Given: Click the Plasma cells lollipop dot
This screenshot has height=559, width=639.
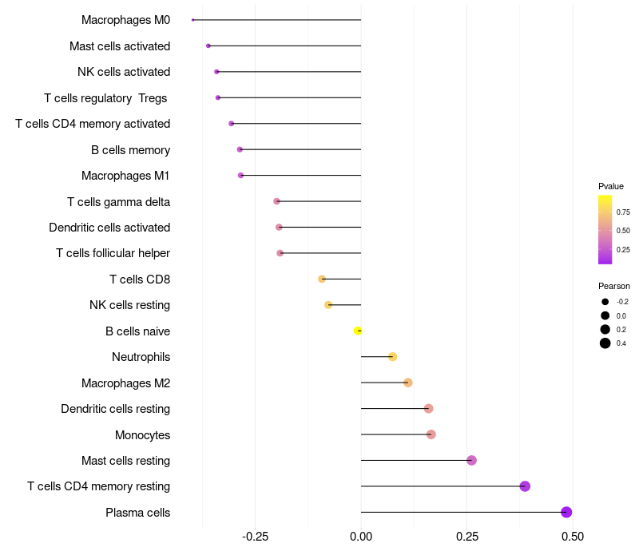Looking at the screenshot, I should tap(566, 513).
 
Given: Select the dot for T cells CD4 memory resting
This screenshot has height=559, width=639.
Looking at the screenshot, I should tap(525, 486).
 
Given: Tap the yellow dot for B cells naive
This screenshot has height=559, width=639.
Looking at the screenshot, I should tap(359, 331).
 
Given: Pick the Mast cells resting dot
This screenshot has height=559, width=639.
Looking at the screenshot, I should tap(471, 461).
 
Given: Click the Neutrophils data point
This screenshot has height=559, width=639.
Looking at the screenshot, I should tap(392, 357).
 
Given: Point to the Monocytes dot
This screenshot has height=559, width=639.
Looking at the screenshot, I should tap(431, 434).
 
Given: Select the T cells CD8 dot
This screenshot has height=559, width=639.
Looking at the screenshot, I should tap(322, 279).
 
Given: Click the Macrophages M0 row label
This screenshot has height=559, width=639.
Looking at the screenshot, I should tap(125, 20).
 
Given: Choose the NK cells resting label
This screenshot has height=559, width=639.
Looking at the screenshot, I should tap(129, 305).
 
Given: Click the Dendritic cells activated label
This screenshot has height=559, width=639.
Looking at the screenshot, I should tap(109, 228).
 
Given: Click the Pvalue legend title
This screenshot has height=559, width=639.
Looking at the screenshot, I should tap(611, 186).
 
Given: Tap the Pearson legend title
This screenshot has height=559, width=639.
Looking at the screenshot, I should tap(613, 286).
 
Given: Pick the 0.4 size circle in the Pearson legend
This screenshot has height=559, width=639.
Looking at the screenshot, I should tap(605, 343).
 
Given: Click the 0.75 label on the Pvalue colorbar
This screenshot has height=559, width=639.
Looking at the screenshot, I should tap(623, 212).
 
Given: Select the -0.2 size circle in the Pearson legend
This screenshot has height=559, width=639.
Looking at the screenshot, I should tap(605, 302).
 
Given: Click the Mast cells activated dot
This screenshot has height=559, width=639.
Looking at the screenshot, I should tap(208, 46).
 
